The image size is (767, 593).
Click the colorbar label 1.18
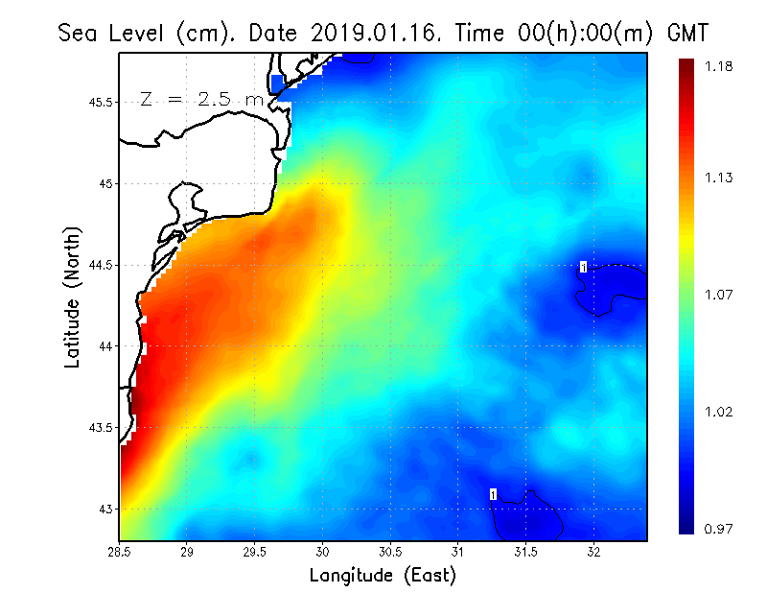coord(721,66)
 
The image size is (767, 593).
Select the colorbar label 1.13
coord(721,178)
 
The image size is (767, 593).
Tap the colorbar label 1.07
coord(721,295)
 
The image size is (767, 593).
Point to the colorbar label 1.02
coord(721,412)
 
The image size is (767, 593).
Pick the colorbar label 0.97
coord(721,529)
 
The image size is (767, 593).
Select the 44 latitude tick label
coord(106,345)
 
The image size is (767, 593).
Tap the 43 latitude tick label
coord(106,509)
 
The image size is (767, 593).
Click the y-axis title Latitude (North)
coord(73,296)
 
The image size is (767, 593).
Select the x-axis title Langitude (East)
coord(383,575)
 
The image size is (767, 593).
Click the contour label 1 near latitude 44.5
coord(583,267)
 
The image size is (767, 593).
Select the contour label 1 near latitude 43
coord(494,494)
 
